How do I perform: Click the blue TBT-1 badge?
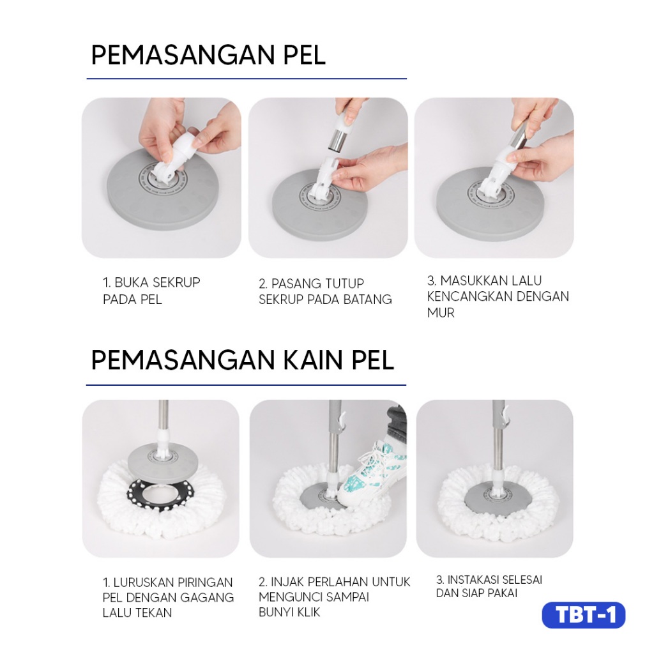point(584,615)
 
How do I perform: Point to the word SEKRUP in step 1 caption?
point(177,283)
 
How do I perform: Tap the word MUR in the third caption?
point(441,313)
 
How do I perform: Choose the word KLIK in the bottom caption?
point(307,612)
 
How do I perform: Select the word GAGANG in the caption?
point(209,597)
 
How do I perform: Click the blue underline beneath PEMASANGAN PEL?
point(247,79)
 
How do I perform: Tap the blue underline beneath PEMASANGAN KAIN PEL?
point(246,385)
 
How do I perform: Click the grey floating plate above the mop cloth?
point(162,458)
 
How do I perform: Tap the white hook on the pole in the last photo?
point(505,417)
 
